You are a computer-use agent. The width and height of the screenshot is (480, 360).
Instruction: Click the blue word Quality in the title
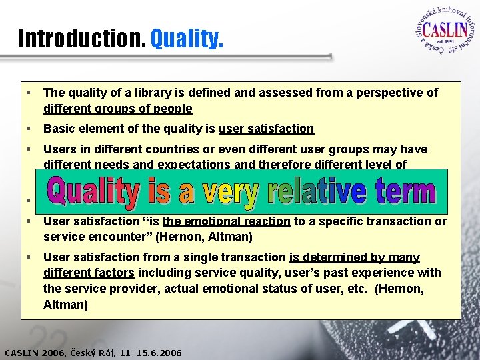click(186, 39)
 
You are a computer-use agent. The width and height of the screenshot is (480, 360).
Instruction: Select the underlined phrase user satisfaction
click(266, 129)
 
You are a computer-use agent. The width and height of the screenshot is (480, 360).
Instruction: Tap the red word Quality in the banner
click(91, 192)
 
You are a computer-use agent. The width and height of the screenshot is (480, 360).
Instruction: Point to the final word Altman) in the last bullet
click(65, 305)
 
